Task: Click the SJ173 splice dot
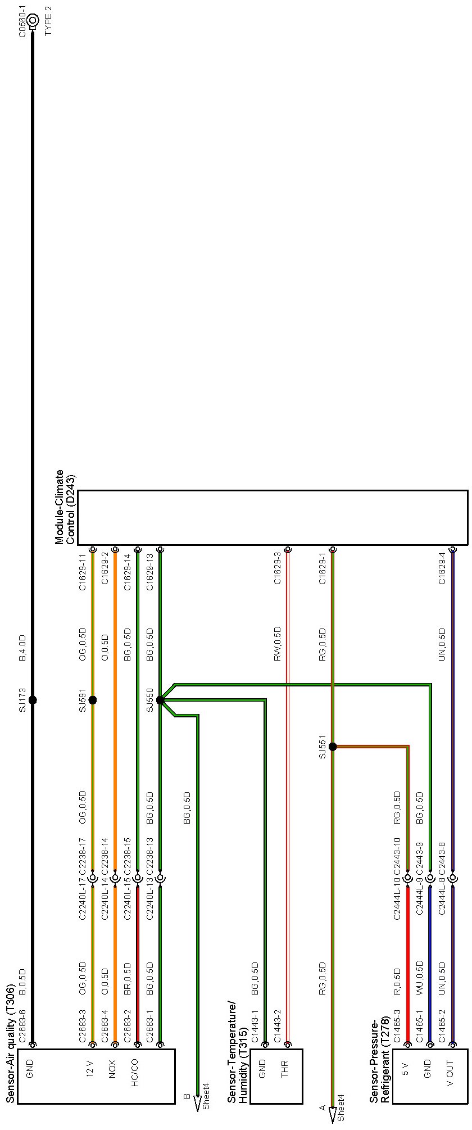tap(33, 700)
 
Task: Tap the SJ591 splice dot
tap(93, 700)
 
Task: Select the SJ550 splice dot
tap(160, 700)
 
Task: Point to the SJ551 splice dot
tap(333, 747)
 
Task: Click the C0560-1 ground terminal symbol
tap(33, 21)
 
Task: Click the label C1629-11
tap(83, 572)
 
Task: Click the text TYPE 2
tap(48, 21)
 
